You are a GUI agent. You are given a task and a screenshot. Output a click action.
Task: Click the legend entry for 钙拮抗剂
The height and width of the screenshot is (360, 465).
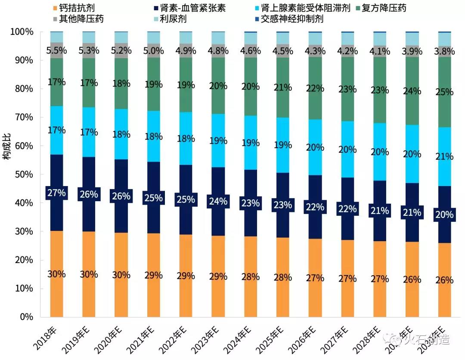click(x=77, y=8)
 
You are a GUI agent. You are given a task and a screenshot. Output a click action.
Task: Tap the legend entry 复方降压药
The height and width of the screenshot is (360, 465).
click(x=383, y=8)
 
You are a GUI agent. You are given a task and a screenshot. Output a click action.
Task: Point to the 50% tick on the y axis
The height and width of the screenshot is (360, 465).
click(x=22, y=174)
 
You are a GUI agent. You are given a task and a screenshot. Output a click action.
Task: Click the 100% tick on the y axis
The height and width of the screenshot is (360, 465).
click(x=20, y=32)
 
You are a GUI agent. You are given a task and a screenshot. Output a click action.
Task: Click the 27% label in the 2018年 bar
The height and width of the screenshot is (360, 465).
click(x=56, y=193)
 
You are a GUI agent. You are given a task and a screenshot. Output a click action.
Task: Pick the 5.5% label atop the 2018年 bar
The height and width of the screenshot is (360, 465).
click(x=56, y=50)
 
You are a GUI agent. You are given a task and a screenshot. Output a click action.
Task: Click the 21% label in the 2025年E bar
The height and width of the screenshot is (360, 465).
click(x=282, y=87)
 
